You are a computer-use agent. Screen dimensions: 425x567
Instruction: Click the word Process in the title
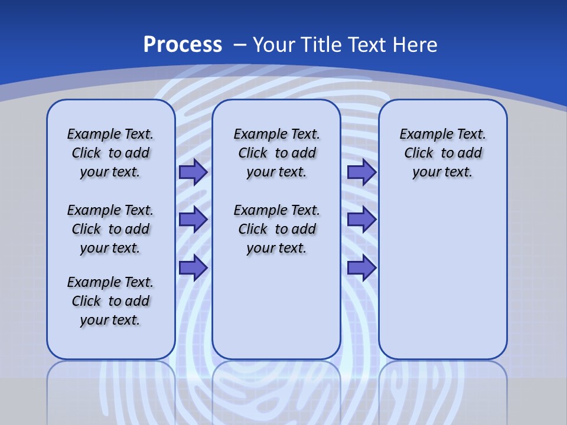(x=183, y=45)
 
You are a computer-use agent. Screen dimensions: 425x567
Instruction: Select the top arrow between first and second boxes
(x=193, y=172)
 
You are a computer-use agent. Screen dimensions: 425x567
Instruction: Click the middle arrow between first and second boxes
(x=193, y=219)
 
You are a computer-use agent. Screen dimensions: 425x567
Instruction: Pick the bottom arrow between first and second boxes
(x=193, y=267)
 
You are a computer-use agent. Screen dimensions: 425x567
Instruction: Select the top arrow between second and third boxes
(x=361, y=172)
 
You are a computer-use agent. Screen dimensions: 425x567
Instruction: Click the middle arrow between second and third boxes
(x=361, y=219)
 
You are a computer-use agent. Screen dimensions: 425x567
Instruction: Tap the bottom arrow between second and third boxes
(x=361, y=267)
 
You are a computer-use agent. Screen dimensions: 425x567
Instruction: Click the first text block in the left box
(x=110, y=153)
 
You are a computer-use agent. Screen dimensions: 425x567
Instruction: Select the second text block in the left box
(x=110, y=229)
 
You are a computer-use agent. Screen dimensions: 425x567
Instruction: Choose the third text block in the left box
(x=110, y=301)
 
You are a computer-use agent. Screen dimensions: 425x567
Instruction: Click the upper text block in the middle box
(x=276, y=153)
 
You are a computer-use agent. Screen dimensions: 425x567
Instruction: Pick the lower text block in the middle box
(x=276, y=229)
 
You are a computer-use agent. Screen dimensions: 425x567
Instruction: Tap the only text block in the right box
(x=442, y=153)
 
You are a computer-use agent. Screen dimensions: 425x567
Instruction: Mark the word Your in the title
(x=275, y=45)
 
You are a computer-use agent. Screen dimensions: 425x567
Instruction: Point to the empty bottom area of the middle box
(x=276, y=313)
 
